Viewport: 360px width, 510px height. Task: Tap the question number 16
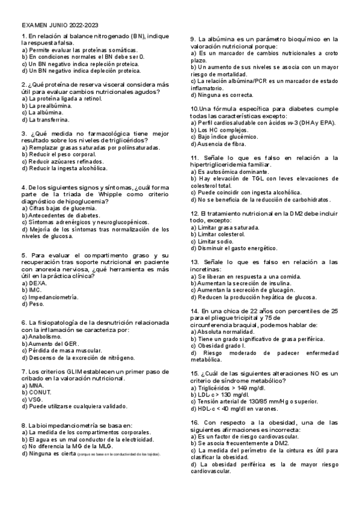195,422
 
